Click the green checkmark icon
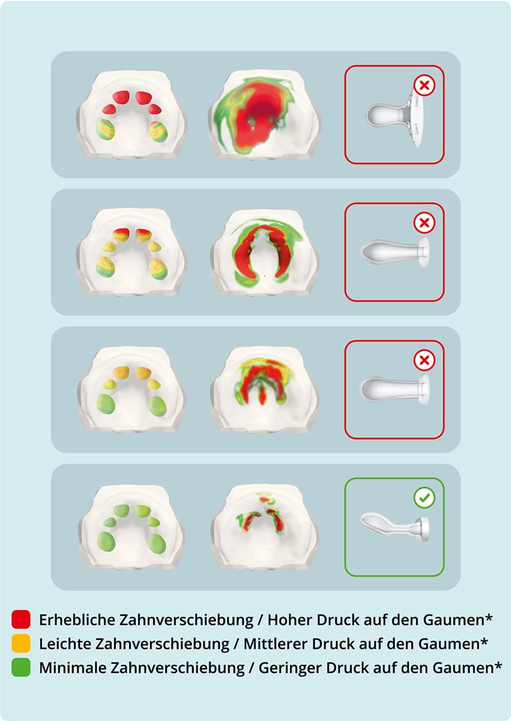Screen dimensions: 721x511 (x=425, y=498)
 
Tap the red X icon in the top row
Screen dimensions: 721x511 (x=425, y=85)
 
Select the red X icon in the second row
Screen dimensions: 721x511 (x=425, y=224)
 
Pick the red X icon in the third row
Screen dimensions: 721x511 (x=425, y=360)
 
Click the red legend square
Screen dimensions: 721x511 (x=20, y=619)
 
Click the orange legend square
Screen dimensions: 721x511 (x=20, y=643)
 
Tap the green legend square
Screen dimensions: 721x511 (x=20, y=667)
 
